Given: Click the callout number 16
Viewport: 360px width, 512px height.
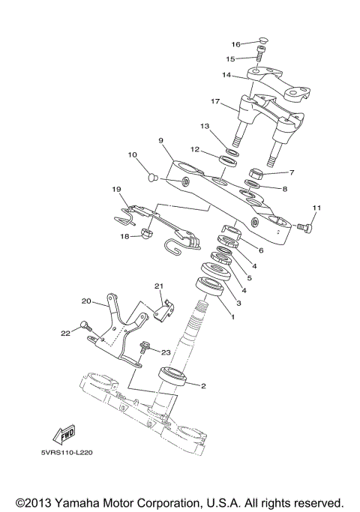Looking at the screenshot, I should pyautogui.click(x=235, y=44).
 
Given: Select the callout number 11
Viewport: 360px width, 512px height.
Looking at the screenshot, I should pyautogui.click(x=316, y=208).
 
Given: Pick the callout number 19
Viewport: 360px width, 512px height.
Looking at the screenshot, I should pyautogui.click(x=116, y=189).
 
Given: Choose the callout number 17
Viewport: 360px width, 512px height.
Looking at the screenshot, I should pyautogui.click(x=214, y=101).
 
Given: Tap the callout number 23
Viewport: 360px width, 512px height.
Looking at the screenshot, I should pyautogui.click(x=166, y=352).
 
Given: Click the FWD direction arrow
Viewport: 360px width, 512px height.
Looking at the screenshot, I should pyautogui.click(x=66, y=436).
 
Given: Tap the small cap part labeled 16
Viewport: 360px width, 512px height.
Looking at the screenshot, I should pyautogui.click(x=262, y=42).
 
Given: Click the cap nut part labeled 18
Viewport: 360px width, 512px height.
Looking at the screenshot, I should pyautogui.click(x=146, y=235).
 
